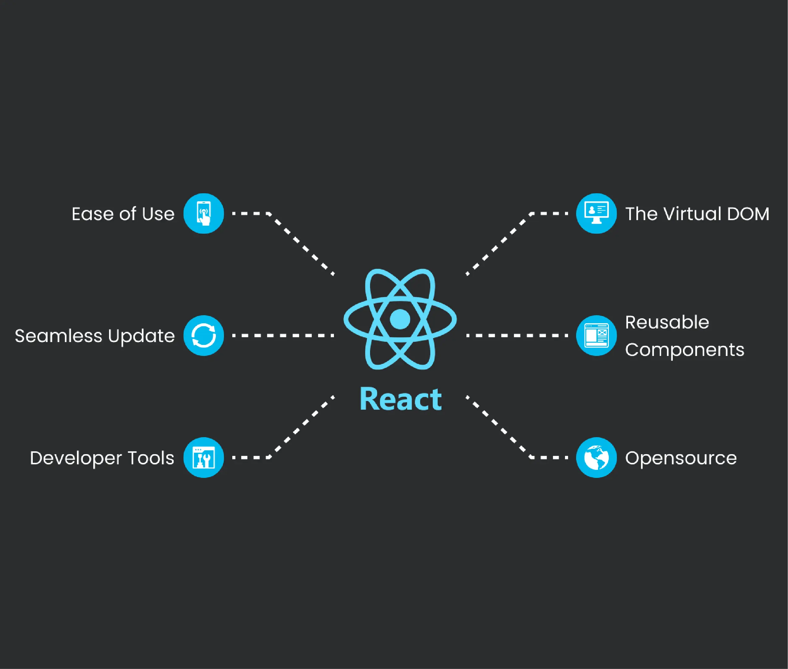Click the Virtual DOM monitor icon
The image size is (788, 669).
[x=596, y=214]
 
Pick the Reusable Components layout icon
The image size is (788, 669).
[x=596, y=336]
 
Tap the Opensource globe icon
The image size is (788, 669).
[x=596, y=458]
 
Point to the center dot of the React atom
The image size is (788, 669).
[x=400, y=319]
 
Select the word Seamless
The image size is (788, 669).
[x=58, y=336]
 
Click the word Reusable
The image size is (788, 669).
[x=667, y=322]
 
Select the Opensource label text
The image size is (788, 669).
[x=681, y=458]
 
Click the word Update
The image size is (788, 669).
[x=141, y=336]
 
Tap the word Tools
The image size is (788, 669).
[x=151, y=458]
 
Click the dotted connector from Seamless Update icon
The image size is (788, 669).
[x=283, y=336]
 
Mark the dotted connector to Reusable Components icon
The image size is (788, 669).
[x=517, y=336]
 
